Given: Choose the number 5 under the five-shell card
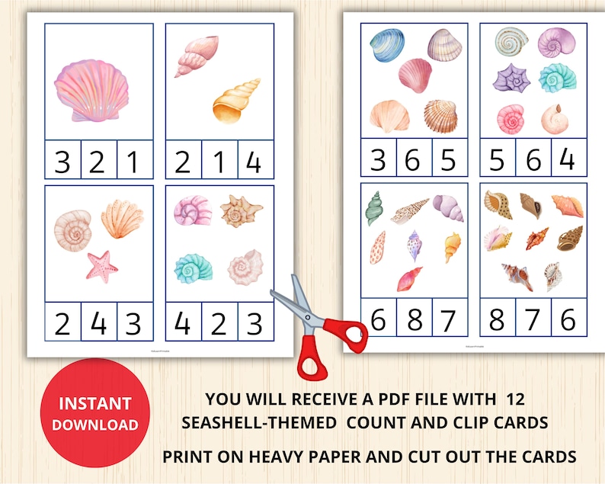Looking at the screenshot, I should [448, 161].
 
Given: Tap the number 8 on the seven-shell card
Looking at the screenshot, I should [415, 318].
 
